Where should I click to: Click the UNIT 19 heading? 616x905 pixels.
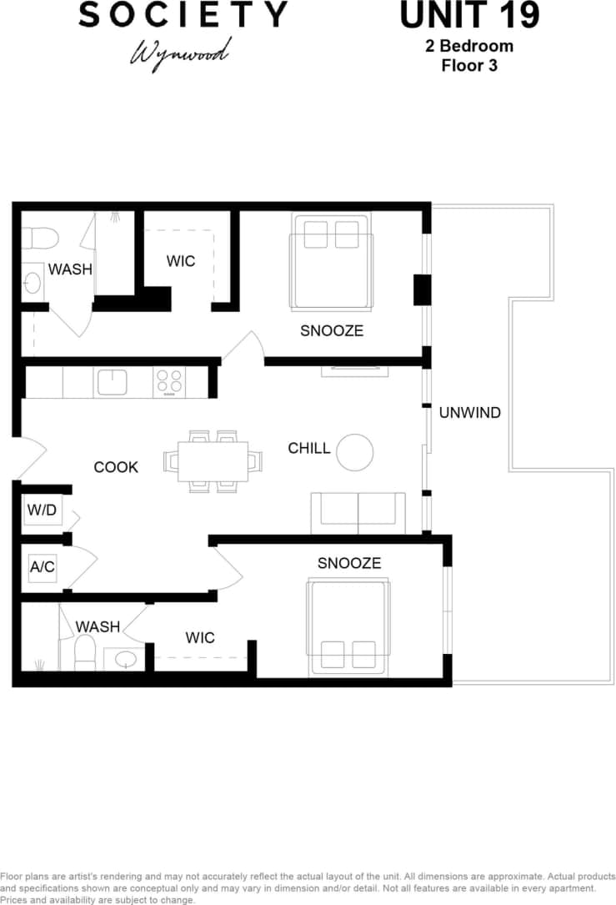pos(469,16)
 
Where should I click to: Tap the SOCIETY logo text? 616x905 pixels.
pos(183,15)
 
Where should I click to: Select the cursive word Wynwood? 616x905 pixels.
pos(178,53)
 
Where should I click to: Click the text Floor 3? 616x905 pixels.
pos(469,65)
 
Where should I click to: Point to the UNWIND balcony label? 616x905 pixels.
pos(469,412)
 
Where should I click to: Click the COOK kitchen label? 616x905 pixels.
pos(116,467)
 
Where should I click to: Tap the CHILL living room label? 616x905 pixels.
pos(309,449)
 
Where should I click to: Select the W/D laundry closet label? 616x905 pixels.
pos(42,510)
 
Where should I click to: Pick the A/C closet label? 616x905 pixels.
pos(42,567)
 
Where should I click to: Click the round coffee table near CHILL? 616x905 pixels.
pos(354,452)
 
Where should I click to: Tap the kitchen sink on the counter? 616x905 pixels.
pos(112,382)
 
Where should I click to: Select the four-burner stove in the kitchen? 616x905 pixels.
pos(168,382)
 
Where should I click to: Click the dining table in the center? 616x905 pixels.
pos(213,461)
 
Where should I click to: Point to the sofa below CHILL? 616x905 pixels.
pos(358,512)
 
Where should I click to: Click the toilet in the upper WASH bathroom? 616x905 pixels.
pos(38,239)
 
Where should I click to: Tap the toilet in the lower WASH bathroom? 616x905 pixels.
pos(85,651)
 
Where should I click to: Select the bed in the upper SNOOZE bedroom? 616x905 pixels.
pos(331,262)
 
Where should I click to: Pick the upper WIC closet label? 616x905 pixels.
pos(181,261)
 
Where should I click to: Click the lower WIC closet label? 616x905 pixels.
pos(200,638)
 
